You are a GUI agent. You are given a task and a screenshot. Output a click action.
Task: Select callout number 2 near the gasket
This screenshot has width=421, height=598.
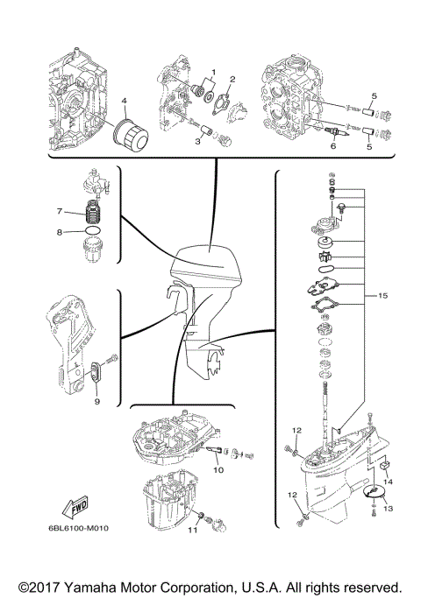click(x=232, y=80)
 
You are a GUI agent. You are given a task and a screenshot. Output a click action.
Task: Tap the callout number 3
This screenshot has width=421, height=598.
click(x=197, y=128)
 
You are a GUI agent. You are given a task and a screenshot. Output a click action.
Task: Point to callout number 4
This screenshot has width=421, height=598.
click(x=124, y=100)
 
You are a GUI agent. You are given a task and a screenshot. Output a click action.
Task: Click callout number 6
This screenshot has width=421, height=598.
click(x=332, y=147)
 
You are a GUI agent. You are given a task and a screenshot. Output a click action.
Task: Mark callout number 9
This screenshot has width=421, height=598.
click(x=96, y=400)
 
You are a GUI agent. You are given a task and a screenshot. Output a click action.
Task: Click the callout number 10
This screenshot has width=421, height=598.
click(x=218, y=470)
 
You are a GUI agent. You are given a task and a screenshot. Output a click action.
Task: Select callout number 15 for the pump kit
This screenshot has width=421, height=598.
click(x=382, y=297)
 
